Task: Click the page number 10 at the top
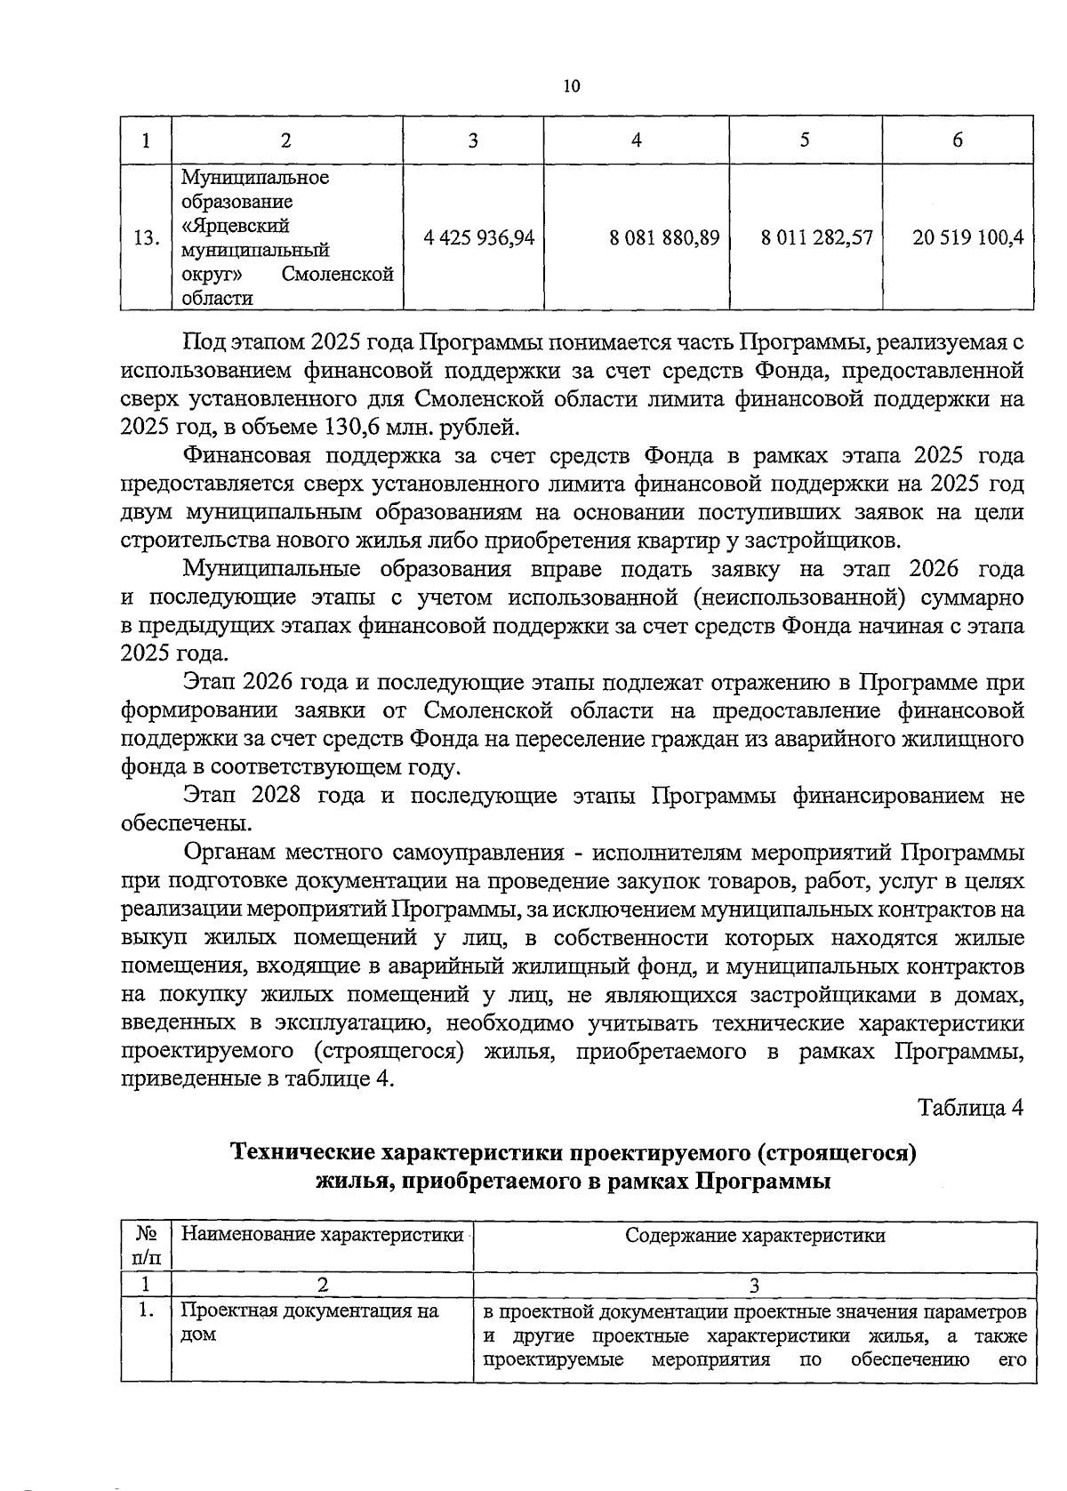point(571,86)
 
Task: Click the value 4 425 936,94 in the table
point(479,237)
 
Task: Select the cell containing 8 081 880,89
point(664,237)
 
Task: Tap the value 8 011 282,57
point(817,237)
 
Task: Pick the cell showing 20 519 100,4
point(967,237)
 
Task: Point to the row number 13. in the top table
point(146,238)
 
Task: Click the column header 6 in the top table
point(958,140)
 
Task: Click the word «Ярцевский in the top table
point(236,226)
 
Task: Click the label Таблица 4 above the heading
point(971,1108)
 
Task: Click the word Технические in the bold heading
point(302,1153)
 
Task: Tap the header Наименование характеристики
point(322,1234)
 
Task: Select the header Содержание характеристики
point(755,1234)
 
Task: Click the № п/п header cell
point(146,1245)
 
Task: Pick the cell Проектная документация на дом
point(309,1323)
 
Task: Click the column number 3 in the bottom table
point(754,1285)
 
